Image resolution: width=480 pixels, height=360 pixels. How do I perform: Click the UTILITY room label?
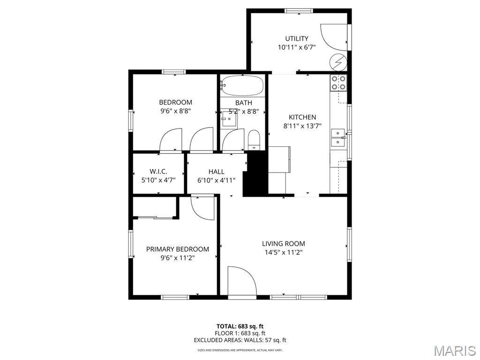pos(297,38)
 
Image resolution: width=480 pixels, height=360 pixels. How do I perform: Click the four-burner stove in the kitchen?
pos(338,82)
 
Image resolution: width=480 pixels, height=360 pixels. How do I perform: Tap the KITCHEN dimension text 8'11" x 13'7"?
pos(302,126)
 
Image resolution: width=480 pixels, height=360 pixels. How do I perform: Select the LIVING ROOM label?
pos(283,244)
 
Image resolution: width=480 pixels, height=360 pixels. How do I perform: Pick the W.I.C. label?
pos(158,172)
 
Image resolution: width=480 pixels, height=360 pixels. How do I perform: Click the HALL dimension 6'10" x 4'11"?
pos(217,180)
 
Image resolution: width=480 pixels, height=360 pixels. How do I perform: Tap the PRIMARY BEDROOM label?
pos(178,249)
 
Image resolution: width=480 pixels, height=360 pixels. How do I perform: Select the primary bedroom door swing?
pos(203,208)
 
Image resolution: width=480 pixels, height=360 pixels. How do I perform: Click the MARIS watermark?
pos(454,351)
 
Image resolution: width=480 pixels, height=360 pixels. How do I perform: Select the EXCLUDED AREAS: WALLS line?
pos(240,340)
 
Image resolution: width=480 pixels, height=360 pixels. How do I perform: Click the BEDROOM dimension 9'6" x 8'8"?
pos(175,111)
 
